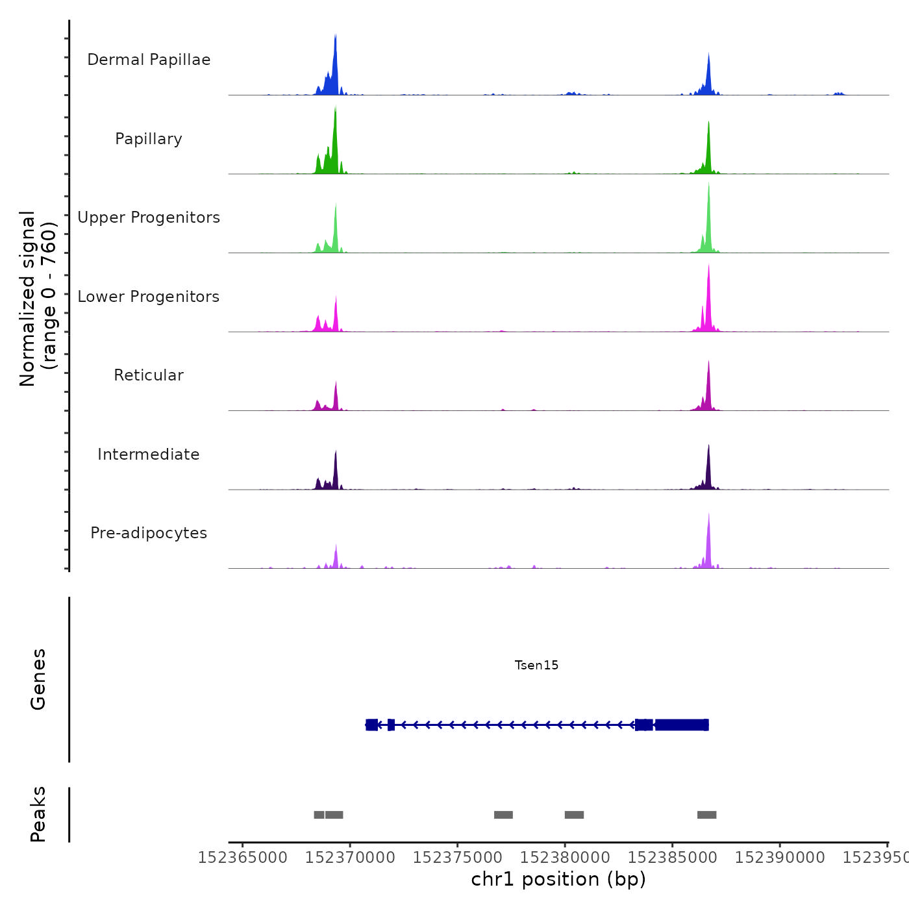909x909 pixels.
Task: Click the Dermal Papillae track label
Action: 149,60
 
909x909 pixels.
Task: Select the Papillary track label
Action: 149,139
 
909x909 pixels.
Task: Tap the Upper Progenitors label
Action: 149,218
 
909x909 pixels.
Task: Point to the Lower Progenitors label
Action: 149,297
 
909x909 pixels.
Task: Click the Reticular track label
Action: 149,375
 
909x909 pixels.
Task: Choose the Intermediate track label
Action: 149,454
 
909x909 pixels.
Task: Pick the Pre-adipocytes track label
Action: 149,533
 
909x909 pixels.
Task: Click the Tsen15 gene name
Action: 536,665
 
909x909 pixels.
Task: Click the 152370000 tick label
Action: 350,858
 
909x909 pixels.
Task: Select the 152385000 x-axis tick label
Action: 673,858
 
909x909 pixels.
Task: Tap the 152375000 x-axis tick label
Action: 458,858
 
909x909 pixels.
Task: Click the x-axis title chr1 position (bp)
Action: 558,879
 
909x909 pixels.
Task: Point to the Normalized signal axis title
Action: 38,298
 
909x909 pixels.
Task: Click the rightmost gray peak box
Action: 706,815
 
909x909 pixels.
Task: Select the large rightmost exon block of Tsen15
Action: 682,725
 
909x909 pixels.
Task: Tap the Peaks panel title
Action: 38,814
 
